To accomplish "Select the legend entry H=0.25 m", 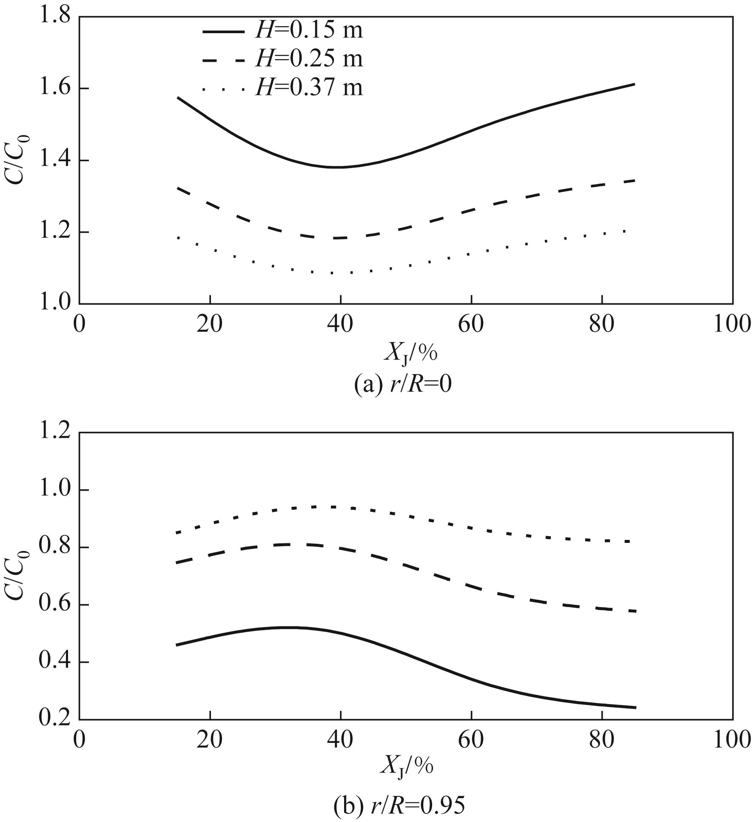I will click(282, 59).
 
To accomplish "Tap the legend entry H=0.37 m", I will click(282, 88).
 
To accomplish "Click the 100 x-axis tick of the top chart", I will click(731, 324).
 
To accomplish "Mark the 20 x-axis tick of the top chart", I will click(210, 324).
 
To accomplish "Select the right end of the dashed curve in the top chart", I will click(634, 180).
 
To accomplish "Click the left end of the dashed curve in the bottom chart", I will click(177, 563).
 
